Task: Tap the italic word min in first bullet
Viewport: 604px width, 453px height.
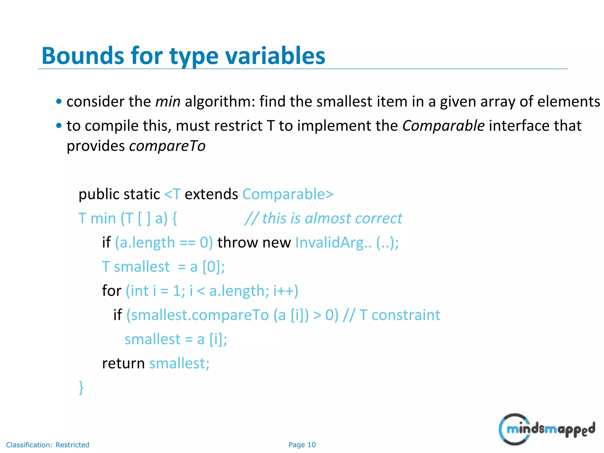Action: pyautogui.click(x=168, y=102)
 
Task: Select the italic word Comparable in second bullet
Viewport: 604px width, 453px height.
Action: pyautogui.click(x=443, y=126)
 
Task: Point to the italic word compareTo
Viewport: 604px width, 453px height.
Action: pyautogui.click(x=167, y=146)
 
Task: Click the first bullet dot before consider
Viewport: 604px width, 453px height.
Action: pyautogui.click(x=59, y=102)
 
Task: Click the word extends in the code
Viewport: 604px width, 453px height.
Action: pyautogui.click(x=211, y=194)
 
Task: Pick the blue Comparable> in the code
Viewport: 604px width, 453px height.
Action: pyautogui.click(x=288, y=194)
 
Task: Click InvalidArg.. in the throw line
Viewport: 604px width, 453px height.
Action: pyautogui.click(x=333, y=243)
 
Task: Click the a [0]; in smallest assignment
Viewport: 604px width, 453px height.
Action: pyautogui.click(x=207, y=267)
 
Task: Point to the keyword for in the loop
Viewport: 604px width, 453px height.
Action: pyautogui.click(x=111, y=291)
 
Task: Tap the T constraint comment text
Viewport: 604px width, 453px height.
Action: pyautogui.click(x=400, y=315)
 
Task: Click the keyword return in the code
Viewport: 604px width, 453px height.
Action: pyautogui.click(x=123, y=363)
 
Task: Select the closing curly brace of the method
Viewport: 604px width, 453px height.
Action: pyautogui.click(x=81, y=388)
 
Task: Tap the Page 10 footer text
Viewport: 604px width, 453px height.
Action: pyautogui.click(x=302, y=445)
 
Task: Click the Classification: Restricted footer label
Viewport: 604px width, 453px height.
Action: pyautogui.click(x=47, y=445)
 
